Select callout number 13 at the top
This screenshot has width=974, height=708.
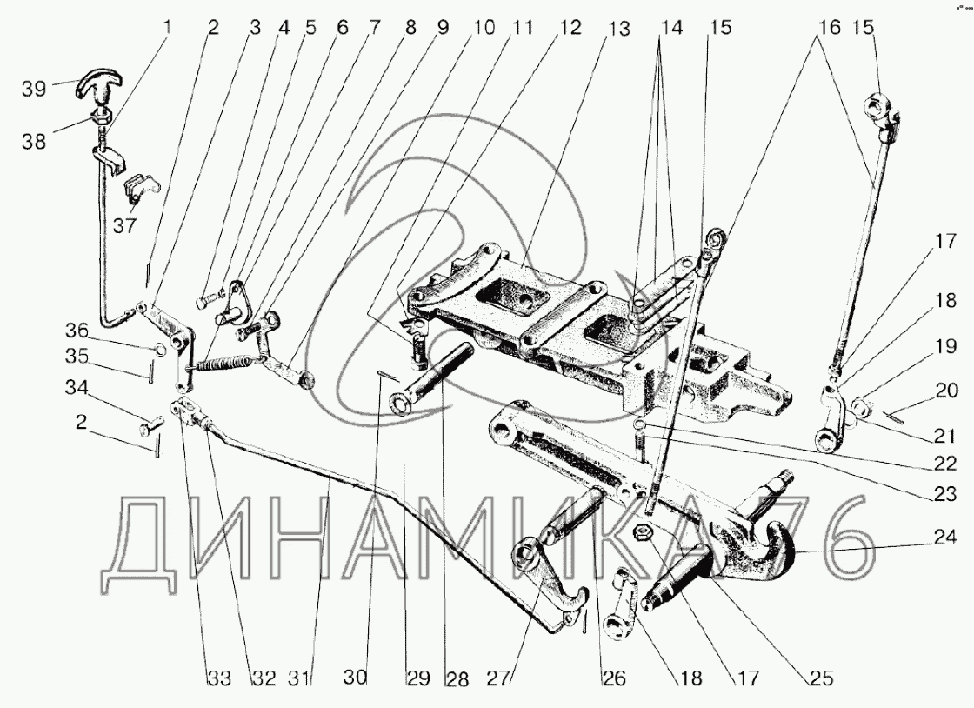[617, 28]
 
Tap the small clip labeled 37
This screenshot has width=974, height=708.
[139, 186]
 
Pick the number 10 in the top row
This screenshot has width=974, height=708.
[484, 28]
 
